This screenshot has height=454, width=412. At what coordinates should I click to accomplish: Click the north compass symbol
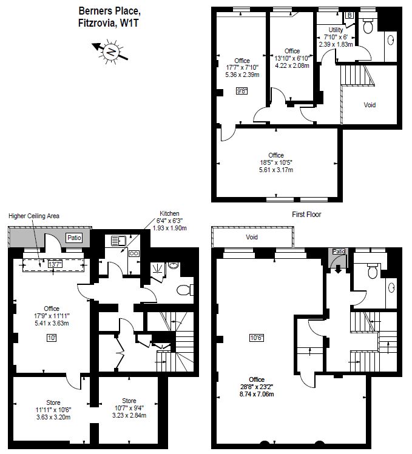pyautogui.click(x=110, y=52)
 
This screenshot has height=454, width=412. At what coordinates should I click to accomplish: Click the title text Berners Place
pyautogui.click(x=110, y=12)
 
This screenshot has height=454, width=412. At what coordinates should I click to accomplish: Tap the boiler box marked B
pyautogui.click(x=350, y=15)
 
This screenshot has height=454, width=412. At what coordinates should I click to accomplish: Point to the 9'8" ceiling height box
pyautogui.click(x=242, y=91)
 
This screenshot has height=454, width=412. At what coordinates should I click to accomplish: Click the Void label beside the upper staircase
pyautogui.click(x=370, y=105)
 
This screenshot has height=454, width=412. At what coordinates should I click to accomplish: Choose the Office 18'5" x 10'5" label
pyautogui.click(x=276, y=162)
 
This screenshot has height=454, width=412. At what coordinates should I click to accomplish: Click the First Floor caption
pyautogui.click(x=306, y=215)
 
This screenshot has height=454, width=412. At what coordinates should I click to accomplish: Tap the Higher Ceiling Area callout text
pyautogui.click(x=34, y=216)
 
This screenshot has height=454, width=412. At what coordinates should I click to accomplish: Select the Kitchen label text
pyautogui.click(x=170, y=213)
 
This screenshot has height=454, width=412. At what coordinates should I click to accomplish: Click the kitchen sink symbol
pyautogui.click(x=118, y=241)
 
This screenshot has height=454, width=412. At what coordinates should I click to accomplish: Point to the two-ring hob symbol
pyautogui.click(x=134, y=253)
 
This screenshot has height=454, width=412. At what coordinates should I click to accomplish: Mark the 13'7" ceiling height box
pyautogui.click(x=55, y=264)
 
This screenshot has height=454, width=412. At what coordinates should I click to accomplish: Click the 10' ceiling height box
pyautogui.click(x=52, y=338)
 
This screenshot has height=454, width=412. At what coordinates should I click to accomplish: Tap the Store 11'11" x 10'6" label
pyautogui.click(x=53, y=410)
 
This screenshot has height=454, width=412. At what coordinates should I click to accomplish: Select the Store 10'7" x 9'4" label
pyautogui.click(x=129, y=408)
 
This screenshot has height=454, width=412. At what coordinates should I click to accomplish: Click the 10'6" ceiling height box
pyautogui.click(x=257, y=338)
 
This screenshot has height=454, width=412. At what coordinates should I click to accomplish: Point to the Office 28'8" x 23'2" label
pyautogui.click(x=257, y=387)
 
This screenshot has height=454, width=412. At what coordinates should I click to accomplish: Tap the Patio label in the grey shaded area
pyautogui.click(x=74, y=238)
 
